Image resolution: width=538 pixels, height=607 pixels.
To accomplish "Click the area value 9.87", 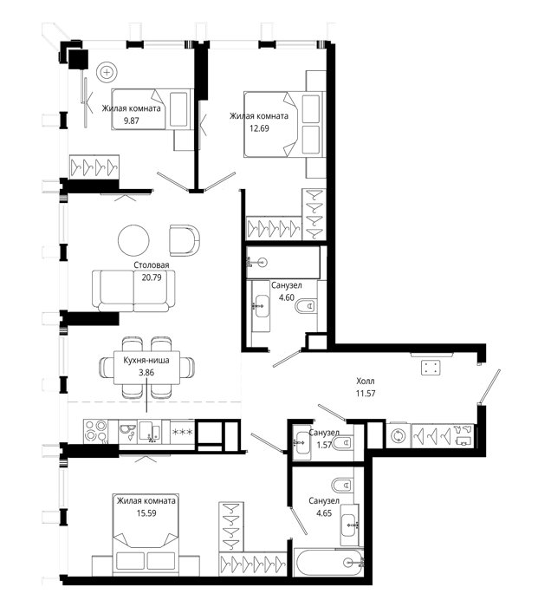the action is point(131,121).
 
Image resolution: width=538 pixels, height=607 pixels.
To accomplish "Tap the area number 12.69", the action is point(259,128).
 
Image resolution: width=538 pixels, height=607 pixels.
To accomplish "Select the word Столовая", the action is point(152,265).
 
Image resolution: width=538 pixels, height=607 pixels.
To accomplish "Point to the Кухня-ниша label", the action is point(146,361).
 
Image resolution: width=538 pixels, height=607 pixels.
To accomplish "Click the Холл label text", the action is point(366,382).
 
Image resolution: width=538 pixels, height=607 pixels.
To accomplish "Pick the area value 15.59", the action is point(146,513).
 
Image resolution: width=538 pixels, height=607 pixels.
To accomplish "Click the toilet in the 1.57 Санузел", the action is point(343,442).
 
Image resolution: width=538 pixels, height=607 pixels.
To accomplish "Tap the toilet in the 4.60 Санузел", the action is point(306,307).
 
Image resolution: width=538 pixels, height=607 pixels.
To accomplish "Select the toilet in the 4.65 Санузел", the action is point(342,485).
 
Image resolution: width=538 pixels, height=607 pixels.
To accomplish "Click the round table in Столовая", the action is point(133,240).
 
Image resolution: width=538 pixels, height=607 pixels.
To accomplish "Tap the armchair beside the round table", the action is point(185,240).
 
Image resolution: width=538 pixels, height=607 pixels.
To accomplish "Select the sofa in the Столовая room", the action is point(133,290).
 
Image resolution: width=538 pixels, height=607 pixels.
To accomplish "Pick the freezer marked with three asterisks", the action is point(182,432).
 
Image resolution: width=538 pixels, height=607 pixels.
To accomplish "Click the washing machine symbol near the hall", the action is point(398,436).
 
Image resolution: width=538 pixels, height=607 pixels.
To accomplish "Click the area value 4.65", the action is point(324,513).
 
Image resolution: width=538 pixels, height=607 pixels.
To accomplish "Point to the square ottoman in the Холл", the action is point(431,368).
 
